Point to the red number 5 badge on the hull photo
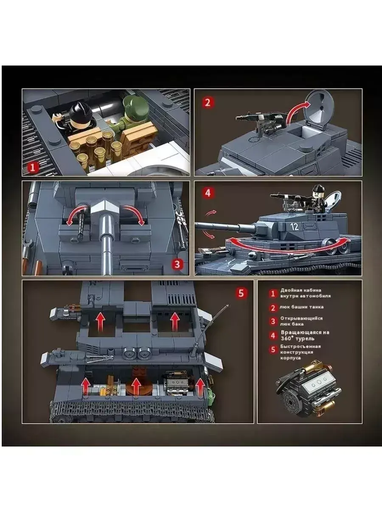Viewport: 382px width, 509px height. coord(241,293)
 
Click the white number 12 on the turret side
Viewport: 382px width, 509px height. coord(295,226)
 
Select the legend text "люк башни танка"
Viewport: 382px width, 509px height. coord(301,307)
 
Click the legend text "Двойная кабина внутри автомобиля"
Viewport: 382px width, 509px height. coord(305,293)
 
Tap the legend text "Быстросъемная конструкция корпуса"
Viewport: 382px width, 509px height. coord(301,352)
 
